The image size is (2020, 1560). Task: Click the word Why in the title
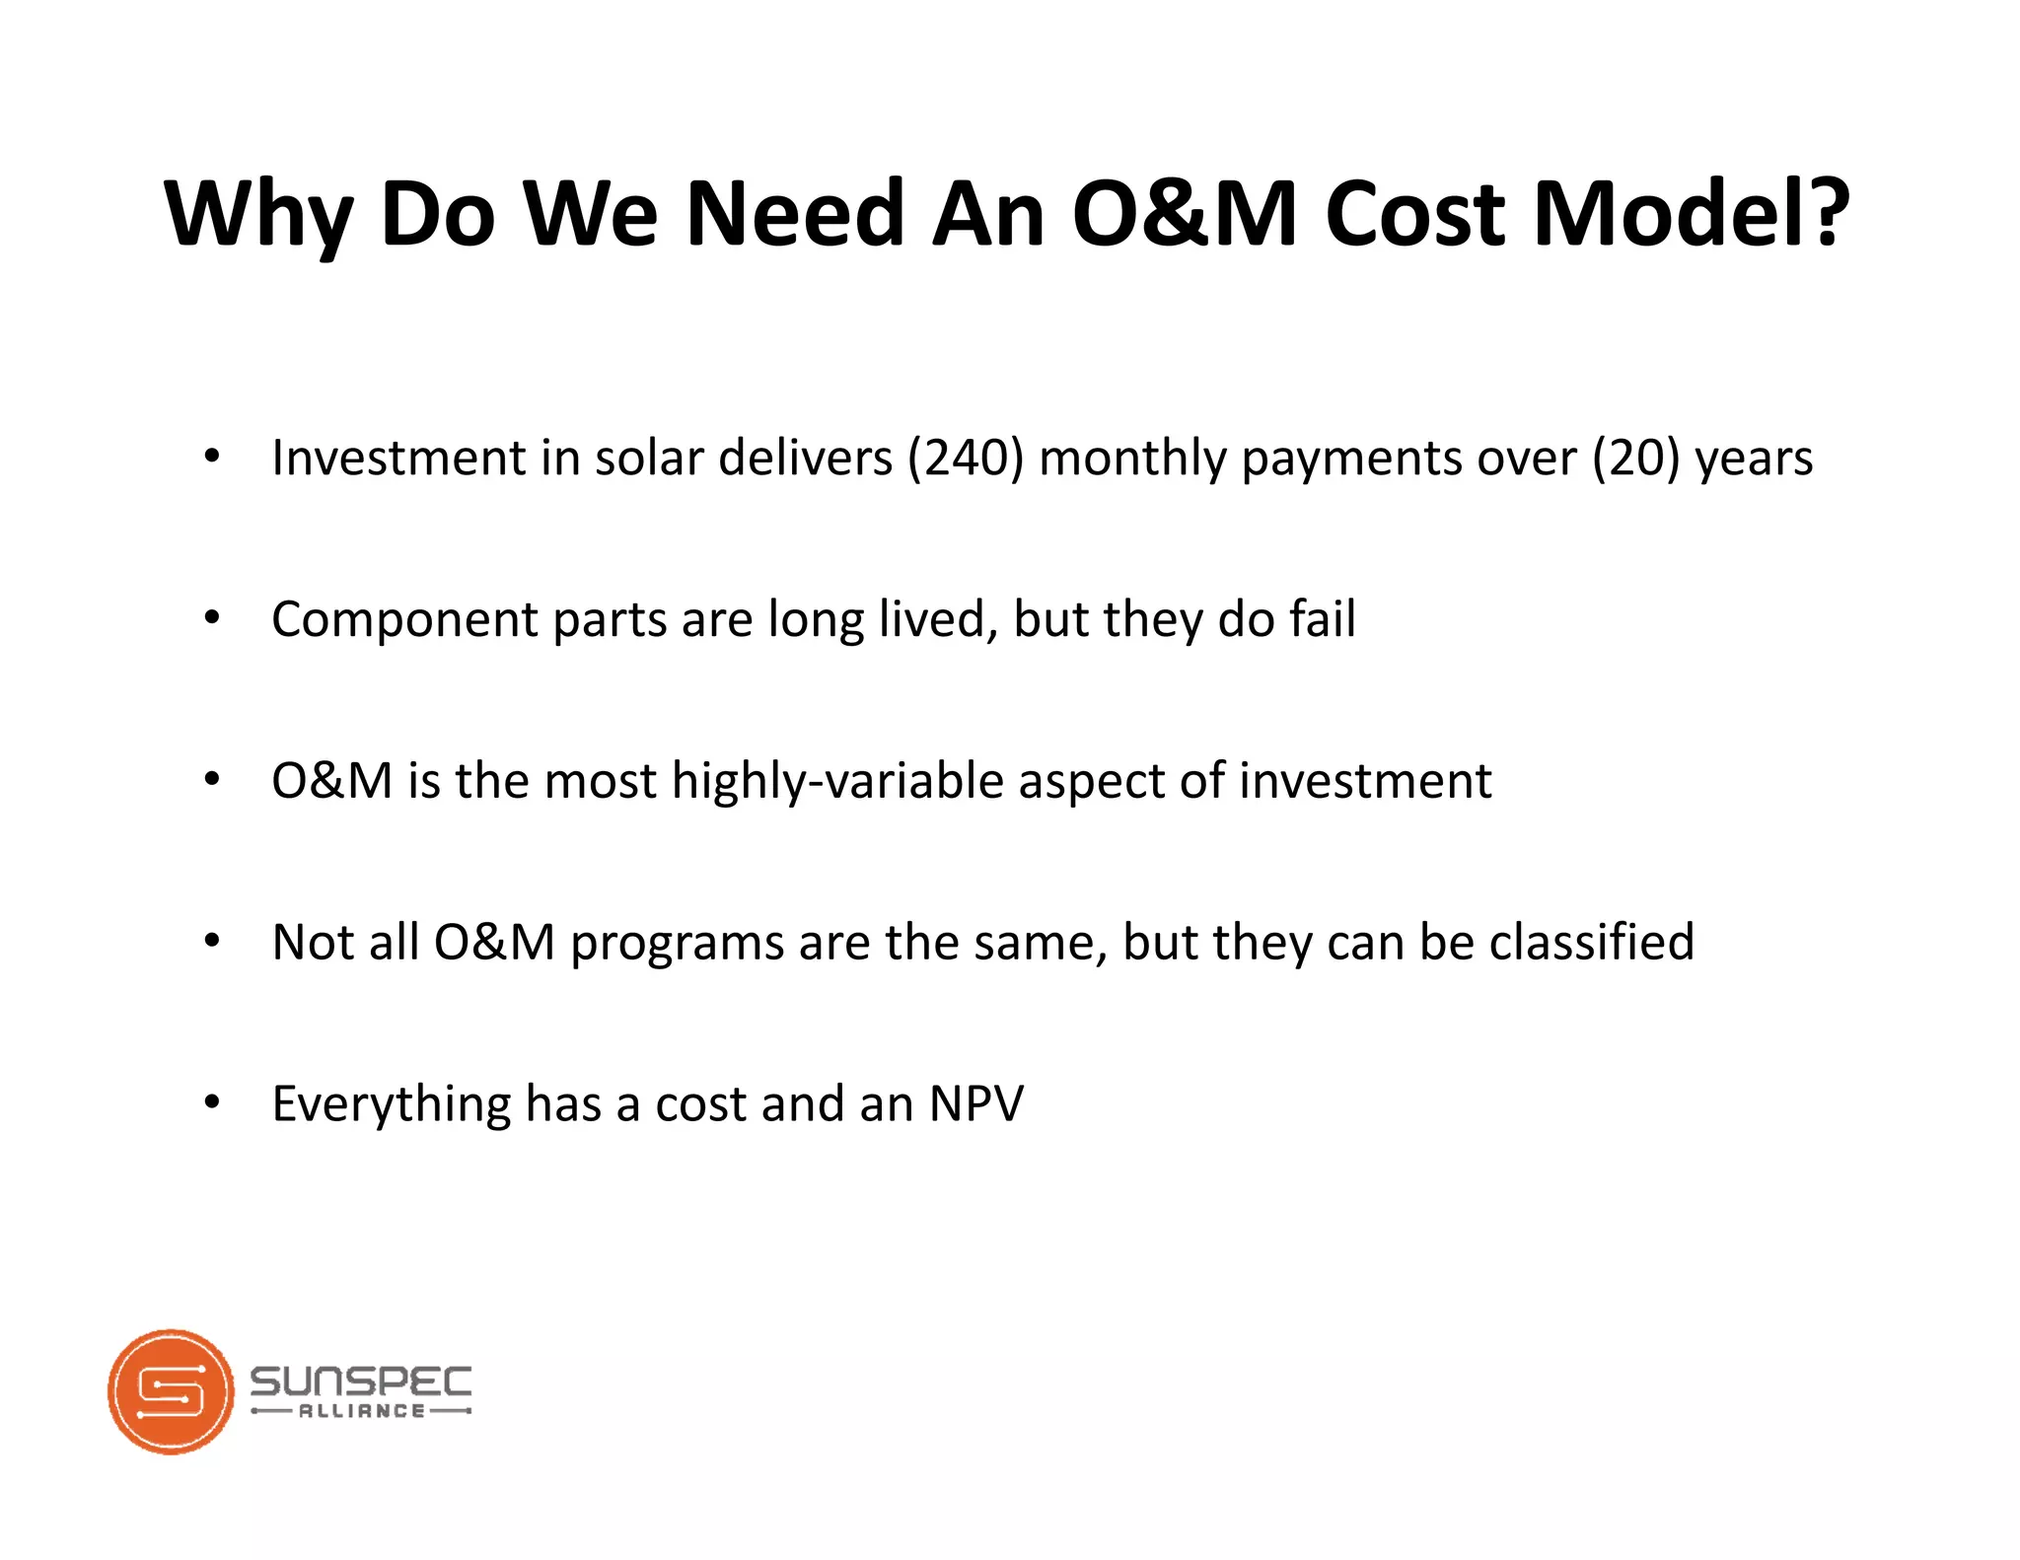(x=258, y=214)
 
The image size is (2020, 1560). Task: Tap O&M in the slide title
(x=1185, y=214)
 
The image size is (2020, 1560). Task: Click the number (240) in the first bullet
(x=966, y=459)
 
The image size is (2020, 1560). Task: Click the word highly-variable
(x=837, y=781)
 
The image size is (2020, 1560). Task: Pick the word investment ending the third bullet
(x=1365, y=781)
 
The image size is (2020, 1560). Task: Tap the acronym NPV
(x=975, y=1103)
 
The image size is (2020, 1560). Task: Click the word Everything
(x=391, y=1105)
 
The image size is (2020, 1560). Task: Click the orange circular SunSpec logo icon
(x=171, y=1391)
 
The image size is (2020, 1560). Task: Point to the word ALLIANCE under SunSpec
(x=361, y=1411)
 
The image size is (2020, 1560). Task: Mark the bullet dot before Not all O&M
(x=212, y=942)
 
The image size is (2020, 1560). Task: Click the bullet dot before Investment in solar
(x=212, y=457)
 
